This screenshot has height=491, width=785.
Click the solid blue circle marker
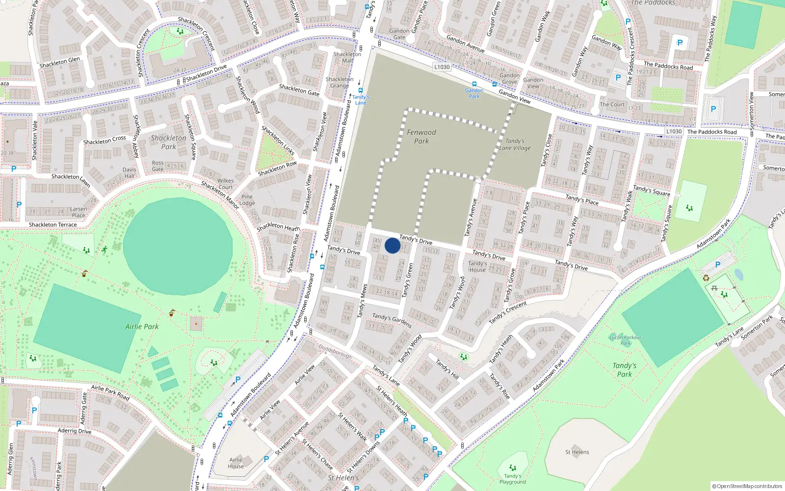392,245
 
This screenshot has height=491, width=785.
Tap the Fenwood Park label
421,136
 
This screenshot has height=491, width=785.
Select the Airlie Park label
142,327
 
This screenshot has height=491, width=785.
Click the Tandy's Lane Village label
515,144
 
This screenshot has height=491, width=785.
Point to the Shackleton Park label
168,142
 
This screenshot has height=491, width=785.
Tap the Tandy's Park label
624,370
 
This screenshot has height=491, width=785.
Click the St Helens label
577,452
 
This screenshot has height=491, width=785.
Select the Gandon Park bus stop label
474,93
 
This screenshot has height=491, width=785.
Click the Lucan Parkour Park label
625,340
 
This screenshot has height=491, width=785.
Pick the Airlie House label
236,463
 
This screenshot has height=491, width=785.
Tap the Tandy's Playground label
513,479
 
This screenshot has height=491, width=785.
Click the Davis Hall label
130,173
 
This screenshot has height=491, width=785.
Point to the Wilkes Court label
226,184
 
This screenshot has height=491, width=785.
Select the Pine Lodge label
247,200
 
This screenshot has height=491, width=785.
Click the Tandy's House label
477,267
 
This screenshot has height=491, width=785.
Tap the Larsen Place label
78,212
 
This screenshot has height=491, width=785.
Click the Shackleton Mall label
347,57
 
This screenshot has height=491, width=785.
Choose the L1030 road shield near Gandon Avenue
442,67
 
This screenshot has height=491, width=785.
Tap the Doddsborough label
336,351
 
